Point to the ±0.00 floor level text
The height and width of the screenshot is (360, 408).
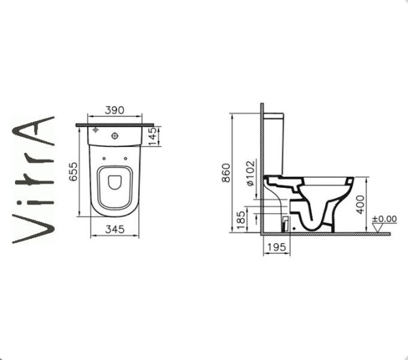pos(384,219)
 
